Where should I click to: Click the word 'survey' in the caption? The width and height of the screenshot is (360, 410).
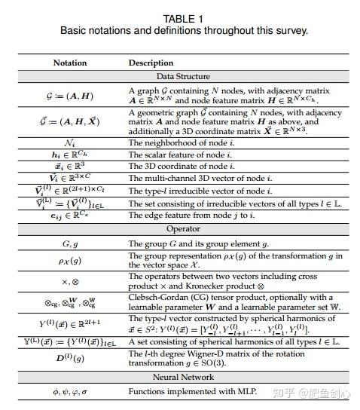coord(291,31)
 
